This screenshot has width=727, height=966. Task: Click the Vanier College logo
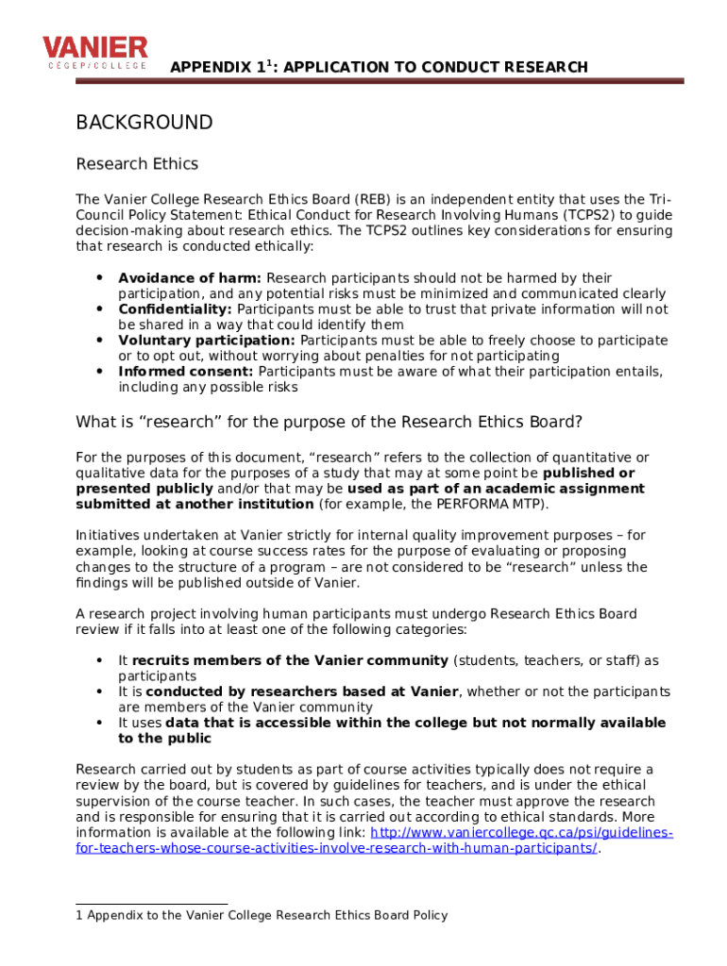coord(94,53)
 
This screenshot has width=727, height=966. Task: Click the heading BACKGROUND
coord(144,123)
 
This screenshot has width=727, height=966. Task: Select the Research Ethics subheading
coord(137,164)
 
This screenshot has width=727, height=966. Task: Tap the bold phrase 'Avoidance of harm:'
coord(190,278)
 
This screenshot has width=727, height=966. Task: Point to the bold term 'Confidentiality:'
coord(175,309)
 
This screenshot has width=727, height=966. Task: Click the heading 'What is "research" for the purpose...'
coord(329,422)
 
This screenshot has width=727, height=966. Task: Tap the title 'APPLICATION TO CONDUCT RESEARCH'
coord(434,67)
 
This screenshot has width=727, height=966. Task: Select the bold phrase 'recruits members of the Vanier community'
coord(290,660)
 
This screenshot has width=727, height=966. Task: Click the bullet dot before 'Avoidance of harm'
coord(100,278)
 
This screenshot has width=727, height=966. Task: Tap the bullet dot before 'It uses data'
coord(100,723)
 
